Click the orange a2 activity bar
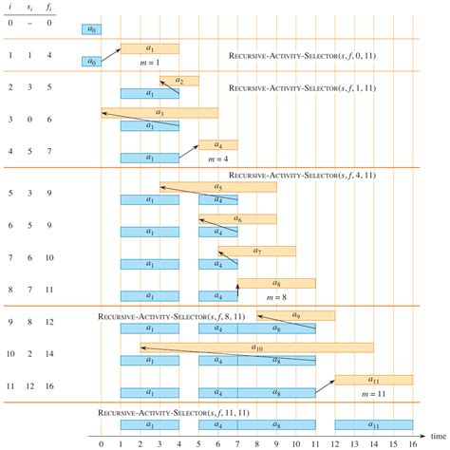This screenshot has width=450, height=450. coord(179,82)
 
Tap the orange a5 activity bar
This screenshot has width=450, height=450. coord(218,187)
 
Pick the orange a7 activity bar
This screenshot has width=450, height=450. coord(256,251)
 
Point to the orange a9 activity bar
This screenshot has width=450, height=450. coord(295,315)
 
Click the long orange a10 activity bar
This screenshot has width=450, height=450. coord(256,347)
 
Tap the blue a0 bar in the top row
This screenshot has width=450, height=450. coord(91,30)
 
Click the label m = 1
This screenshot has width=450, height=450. coord(150,62)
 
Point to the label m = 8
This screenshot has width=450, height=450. coord(275,296)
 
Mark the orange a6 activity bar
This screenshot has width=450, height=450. coord(237,219)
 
